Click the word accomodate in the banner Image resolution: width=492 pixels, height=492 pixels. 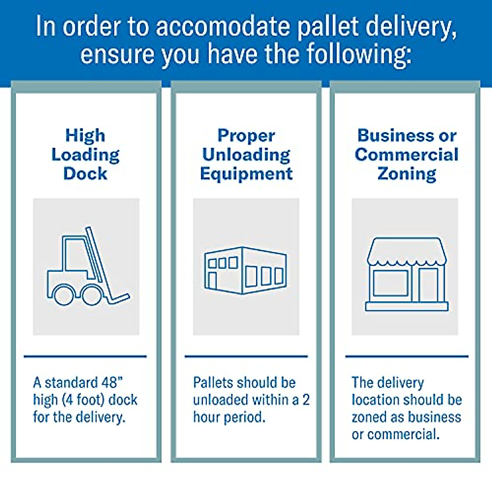coord(223,27)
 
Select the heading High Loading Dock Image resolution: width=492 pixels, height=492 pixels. coord(85,155)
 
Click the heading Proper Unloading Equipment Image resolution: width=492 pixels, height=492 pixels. coord(246,155)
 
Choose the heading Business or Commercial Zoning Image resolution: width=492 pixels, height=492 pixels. coord(406,155)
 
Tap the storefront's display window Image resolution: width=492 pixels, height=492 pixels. coord(390,283)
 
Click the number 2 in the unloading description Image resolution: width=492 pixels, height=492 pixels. coord(306,400)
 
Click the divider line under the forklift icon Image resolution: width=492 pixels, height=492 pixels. coord(85,356)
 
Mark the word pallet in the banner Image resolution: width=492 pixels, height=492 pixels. coord(328,27)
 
